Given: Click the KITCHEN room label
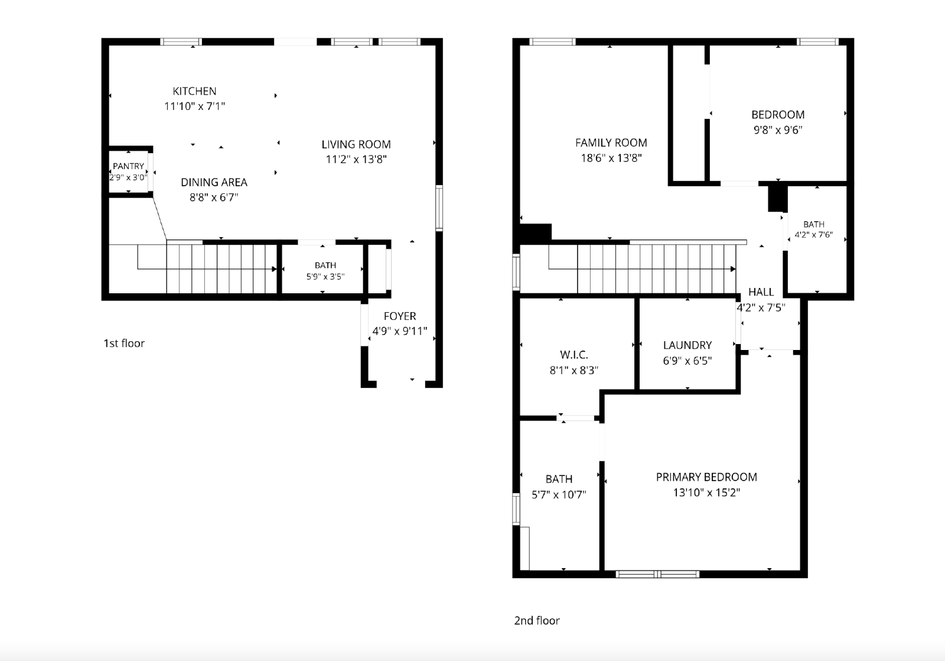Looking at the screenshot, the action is pos(194,91).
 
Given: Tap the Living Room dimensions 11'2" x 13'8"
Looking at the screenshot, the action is pos(356,159).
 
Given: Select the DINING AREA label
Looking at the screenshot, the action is pos(214,183).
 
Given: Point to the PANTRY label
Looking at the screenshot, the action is pos(128,166).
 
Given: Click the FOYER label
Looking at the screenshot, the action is pos(400,316).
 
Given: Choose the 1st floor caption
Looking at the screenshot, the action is pos(124,343).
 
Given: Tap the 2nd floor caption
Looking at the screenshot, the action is pos(537,620).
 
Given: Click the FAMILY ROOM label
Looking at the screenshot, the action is pos(611,142).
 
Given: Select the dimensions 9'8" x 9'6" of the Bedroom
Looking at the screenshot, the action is pos(778,130).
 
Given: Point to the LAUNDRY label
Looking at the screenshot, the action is pos(687,345).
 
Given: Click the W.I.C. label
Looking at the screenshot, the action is pos(573,354).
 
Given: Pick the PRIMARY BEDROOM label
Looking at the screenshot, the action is pos(706,477).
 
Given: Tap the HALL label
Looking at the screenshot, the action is pos(761,292).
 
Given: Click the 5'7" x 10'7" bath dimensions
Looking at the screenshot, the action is pos(559,494).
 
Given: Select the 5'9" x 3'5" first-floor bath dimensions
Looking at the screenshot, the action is pos(325,277).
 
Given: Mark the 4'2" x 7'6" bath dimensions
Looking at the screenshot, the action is pos(814,234).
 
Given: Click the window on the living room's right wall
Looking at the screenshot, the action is pos(439,208).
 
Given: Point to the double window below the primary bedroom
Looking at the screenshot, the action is pos(657,574).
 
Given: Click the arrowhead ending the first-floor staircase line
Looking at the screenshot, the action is pos(274,269).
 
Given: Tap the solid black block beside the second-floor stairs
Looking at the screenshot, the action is pos(535,233).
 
